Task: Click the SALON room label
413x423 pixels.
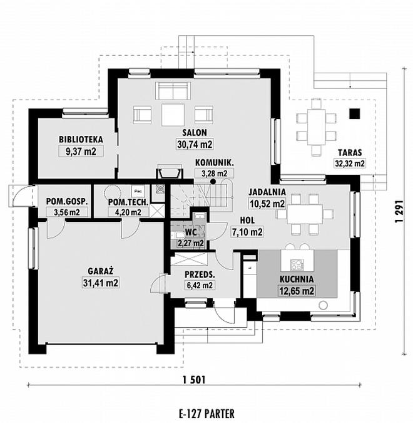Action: (195, 132)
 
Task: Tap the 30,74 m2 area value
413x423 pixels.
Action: (195, 144)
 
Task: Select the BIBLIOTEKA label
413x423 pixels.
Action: (81, 140)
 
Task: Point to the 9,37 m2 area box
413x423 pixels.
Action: (81, 152)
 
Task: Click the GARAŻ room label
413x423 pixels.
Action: (101, 271)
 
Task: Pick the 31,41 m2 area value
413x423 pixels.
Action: (101, 283)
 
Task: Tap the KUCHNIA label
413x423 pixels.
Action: (297, 279)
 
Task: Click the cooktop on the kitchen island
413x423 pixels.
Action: (297, 264)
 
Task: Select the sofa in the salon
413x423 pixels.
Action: (173, 91)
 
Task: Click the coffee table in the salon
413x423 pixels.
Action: (173, 115)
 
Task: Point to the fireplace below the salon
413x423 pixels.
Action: (170, 173)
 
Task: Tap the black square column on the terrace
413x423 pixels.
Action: (355, 113)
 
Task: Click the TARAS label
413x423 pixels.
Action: (350, 152)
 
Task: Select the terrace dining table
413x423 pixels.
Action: (316, 127)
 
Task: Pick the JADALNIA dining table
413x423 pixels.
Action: (305, 214)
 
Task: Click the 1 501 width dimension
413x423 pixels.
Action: (194, 380)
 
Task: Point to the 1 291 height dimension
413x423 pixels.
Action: (399, 211)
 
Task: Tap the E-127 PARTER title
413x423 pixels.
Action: (206, 414)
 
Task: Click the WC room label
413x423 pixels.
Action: (191, 232)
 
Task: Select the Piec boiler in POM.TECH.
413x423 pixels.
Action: (138, 191)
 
